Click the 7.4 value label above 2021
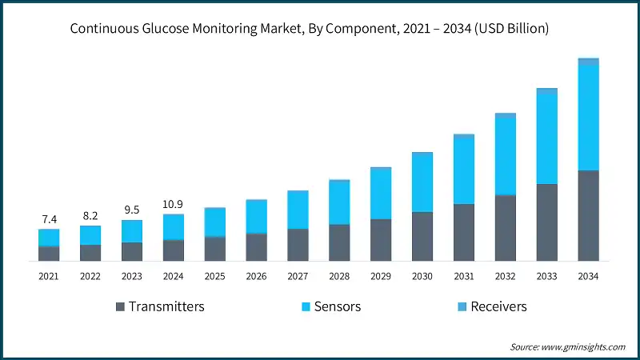click(49, 218)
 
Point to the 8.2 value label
click(90, 215)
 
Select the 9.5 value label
click(132, 210)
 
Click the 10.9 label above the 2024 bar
click(174, 203)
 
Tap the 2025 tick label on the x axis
click(215, 276)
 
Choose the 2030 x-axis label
click(422, 276)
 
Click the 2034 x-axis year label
click(588, 276)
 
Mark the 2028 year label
click(339, 276)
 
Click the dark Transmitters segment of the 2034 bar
click(588, 215)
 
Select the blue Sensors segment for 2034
click(588, 117)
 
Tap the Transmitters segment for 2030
click(422, 236)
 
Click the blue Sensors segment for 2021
click(49, 238)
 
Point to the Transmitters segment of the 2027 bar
click(298, 245)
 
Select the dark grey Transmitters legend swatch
click(121, 306)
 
